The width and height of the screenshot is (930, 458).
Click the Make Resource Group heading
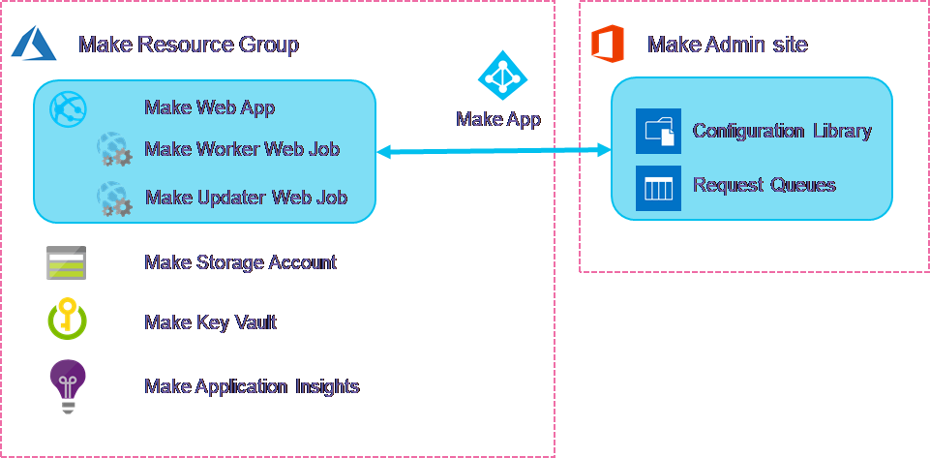click(188, 45)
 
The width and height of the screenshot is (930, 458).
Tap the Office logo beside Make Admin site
click(605, 44)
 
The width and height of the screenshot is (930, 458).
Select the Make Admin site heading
click(727, 45)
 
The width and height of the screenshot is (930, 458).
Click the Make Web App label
click(210, 107)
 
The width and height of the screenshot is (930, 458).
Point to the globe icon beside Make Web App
click(69, 106)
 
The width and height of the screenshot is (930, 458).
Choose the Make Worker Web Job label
click(242, 149)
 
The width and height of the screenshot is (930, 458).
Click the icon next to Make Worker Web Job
click(112, 149)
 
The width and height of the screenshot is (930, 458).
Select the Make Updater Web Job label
click(246, 198)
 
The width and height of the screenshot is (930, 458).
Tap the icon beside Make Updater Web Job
click(112, 198)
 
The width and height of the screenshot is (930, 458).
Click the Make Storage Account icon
click(67, 262)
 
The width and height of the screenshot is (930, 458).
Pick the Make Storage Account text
click(240, 262)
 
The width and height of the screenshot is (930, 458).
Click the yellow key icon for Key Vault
click(67, 320)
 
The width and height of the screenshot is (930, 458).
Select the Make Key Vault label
click(210, 322)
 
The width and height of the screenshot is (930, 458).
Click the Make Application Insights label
click(252, 386)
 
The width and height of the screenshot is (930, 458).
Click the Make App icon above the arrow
click(502, 76)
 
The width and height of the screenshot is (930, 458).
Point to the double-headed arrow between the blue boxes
click(494, 150)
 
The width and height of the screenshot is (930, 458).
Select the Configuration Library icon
click(658, 132)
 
